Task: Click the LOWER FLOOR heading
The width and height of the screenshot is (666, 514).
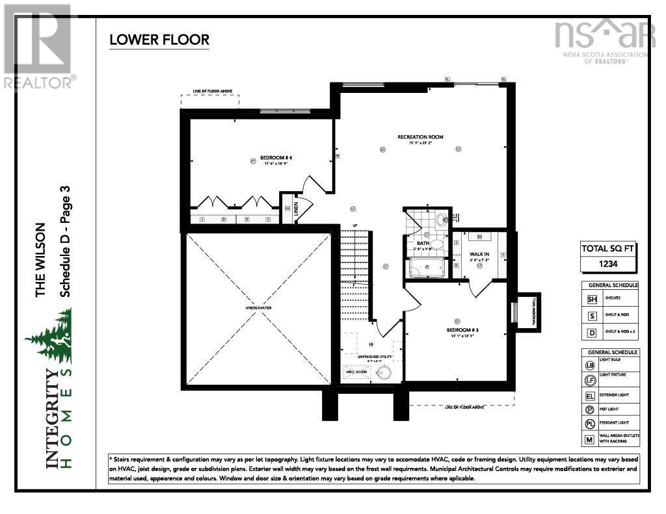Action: [159, 40]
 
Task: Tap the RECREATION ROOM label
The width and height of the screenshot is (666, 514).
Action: [421, 137]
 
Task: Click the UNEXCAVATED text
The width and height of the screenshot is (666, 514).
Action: [258, 307]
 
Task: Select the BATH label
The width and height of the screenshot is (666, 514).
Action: [423, 243]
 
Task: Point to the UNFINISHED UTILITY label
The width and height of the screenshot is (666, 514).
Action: [371, 357]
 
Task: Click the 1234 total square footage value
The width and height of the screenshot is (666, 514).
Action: [607, 264]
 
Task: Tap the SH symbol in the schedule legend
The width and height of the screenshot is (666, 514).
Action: [592, 299]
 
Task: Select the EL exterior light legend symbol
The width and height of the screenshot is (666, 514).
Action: [591, 395]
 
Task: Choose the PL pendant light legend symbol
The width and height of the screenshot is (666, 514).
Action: [591, 423]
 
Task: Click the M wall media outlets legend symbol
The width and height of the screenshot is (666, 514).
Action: [591, 440]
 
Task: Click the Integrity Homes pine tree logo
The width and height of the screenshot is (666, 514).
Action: [49, 335]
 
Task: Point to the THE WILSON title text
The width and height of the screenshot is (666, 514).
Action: [41, 260]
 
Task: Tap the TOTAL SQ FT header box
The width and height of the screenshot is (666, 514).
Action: [607, 248]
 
